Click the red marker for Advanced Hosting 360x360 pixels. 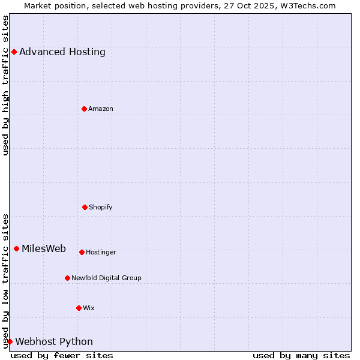tap(14, 52)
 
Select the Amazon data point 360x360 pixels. tap(84, 109)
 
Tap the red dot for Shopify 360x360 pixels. tap(85, 207)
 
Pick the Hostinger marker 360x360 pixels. tap(82, 252)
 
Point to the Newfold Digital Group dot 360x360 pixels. tap(67, 278)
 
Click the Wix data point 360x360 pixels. tap(79, 308)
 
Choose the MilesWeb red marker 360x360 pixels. tap(16, 248)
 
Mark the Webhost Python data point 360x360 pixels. tap(10, 341)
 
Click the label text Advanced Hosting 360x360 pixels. tap(62, 52)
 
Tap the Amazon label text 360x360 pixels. tap(101, 109)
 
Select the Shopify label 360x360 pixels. tap(101, 207)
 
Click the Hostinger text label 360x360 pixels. tap(101, 252)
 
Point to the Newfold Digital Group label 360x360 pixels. tap(106, 278)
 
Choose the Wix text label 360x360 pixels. tap(89, 308)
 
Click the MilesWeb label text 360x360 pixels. tap(44, 249)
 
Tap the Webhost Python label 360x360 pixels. tap(54, 342)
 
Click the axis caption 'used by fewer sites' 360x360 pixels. tap(62, 355)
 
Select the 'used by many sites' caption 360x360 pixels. tap(301, 355)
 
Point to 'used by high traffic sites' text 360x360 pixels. tap(6, 85)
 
